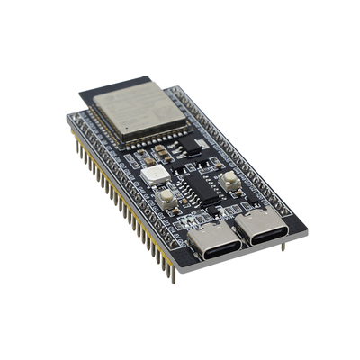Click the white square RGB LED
152,173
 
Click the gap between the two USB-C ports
235,236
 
